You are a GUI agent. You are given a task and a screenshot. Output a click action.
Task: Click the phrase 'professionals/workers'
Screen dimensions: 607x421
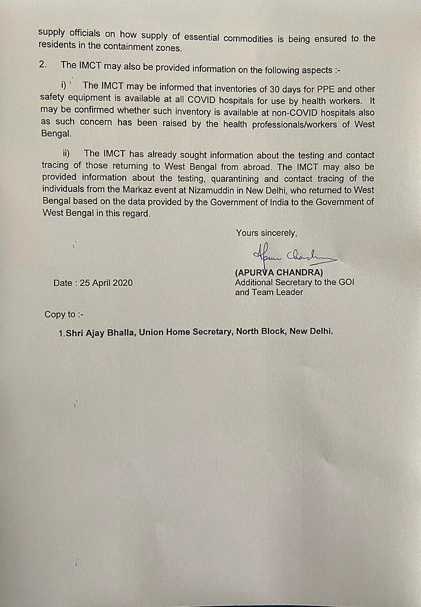coord(279,124)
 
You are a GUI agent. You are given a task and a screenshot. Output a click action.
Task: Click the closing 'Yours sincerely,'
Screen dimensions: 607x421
coord(266,233)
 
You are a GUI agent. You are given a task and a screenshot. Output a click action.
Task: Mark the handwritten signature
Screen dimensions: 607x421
coord(294,256)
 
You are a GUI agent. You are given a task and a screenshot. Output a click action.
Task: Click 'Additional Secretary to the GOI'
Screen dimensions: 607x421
coord(294,283)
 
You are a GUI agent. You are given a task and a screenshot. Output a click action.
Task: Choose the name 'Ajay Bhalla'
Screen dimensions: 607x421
coord(114,332)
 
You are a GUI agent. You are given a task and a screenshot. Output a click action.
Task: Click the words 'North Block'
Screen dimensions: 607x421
coord(260,332)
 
